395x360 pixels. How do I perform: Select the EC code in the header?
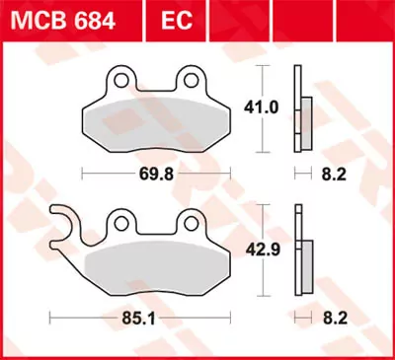click(x=165, y=19)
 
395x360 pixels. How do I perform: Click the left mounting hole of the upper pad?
click(x=118, y=78)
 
